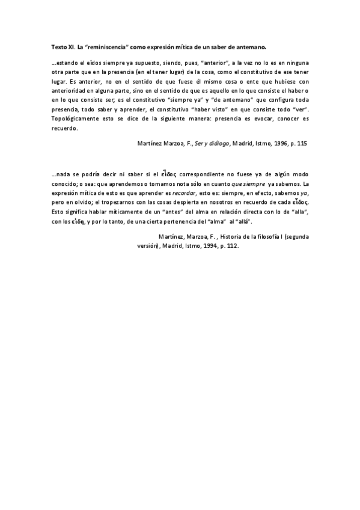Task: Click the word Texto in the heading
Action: (58, 46)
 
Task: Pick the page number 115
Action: (302, 145)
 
